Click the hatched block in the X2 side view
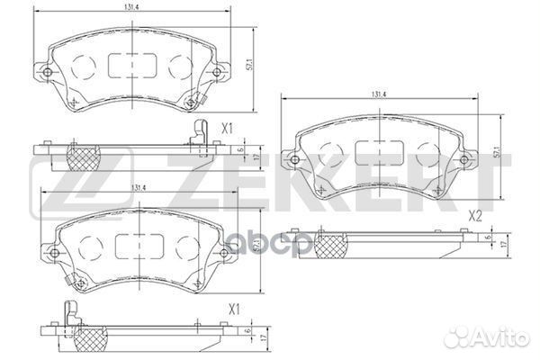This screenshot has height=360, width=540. (x=330, y=241)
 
